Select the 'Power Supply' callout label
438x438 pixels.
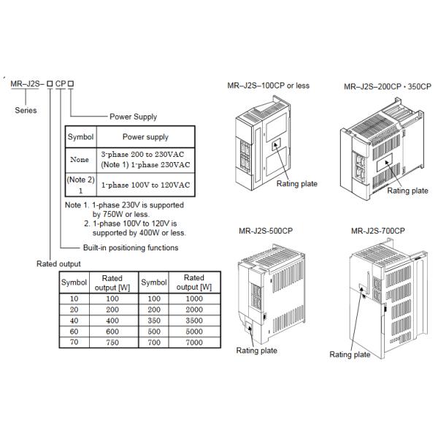pos(133,116)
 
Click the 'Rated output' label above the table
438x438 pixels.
pos(59,264)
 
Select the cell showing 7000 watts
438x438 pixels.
pos(193,341)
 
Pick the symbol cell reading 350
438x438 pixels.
pos(154,320)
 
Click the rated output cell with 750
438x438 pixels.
pos(112,341)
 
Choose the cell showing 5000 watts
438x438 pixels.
pos(193,331)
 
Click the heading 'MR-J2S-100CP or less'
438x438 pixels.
pos(269,85)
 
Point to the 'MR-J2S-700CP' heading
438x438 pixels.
pos(377,231)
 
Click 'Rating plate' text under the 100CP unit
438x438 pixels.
pos(296,184)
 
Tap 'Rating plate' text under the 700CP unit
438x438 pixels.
pos(350,355)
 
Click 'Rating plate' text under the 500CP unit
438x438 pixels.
pos(256,350)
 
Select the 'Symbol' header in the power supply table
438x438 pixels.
pos(80,137)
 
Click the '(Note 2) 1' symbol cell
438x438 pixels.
pos(80,185)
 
